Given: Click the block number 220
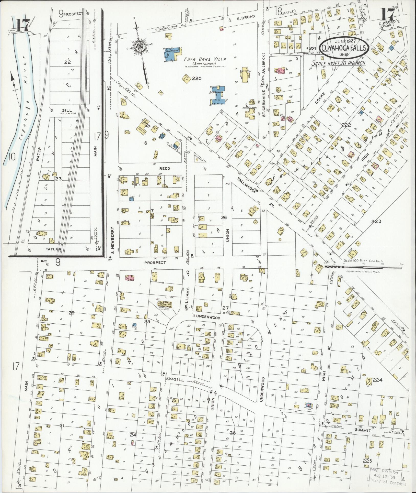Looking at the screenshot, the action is [197, 78].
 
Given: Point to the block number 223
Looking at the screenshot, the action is [376, 221].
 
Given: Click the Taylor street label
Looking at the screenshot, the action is [53, 249].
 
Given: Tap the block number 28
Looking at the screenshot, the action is [232, 433].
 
